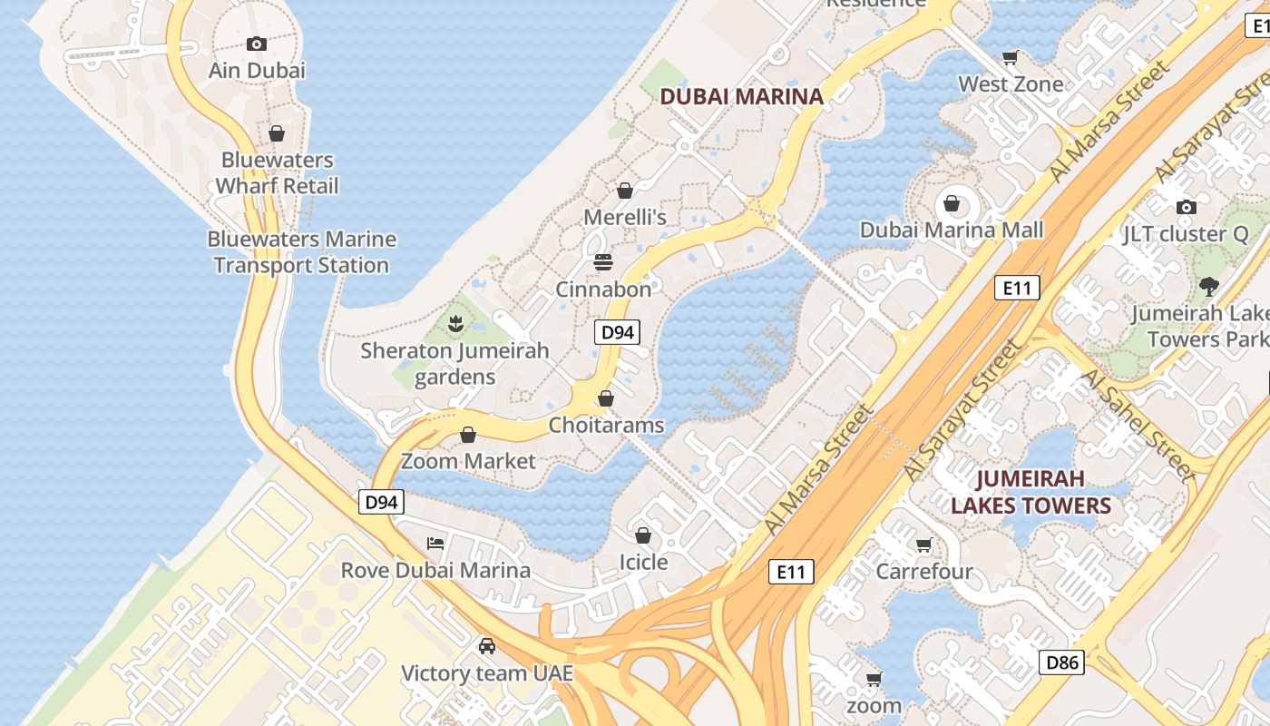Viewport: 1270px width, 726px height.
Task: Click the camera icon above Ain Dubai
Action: [x=257, y=44]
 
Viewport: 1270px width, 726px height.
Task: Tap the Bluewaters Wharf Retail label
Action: [x=277, y=173]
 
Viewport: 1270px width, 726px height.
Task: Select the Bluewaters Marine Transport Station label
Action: [x=301, y=252]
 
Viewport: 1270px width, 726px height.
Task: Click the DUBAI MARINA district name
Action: [x=741, y=96]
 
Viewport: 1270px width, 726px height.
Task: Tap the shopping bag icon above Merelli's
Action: [x=624, y=191]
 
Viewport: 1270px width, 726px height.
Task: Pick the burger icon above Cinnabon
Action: [x=603, y=262]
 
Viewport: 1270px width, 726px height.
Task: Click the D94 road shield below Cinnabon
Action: [x=618, y=332]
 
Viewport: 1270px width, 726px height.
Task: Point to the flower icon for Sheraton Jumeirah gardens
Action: [x=455, y=322]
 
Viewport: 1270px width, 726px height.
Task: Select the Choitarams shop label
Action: [x=606, y=425]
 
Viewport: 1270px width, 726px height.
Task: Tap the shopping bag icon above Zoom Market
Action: [x=468, y=435]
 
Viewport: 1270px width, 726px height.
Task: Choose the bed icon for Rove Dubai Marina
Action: [x=435, y=543]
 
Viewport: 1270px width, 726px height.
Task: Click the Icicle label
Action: [x=643, y=562]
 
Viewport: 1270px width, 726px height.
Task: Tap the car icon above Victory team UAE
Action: [x=487, y=645]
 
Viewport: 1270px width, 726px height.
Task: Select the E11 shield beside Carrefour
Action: [x=791, y=572]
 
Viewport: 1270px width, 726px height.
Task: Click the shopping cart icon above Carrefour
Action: [x=923, y=544]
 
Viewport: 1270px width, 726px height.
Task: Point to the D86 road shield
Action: [x=1061, y=662]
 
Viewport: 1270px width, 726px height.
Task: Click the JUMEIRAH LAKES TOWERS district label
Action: [x=1031, y=492]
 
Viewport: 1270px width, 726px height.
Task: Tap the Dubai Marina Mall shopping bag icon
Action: [x=952, y=203]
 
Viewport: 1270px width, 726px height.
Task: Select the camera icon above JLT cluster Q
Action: [x=1186, y=207]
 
